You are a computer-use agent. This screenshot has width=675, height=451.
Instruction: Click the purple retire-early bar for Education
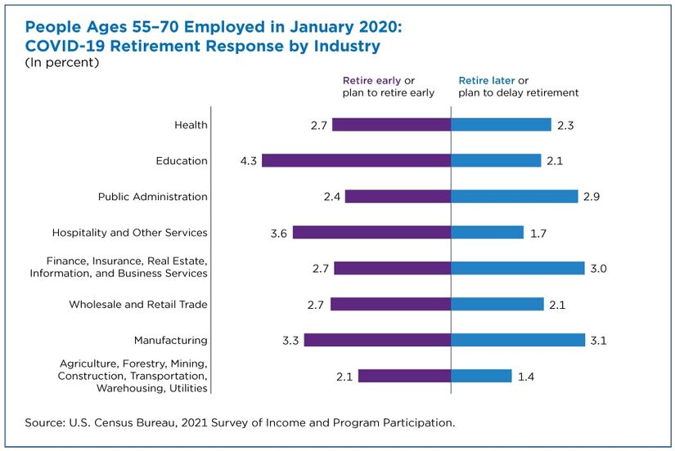(x=356, y=161)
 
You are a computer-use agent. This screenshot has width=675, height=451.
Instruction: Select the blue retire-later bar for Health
(x=501, y=125)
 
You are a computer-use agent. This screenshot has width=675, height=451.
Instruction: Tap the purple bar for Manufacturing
(x=377, y=340)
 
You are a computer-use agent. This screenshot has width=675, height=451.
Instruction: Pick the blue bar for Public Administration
(x=515, y=197)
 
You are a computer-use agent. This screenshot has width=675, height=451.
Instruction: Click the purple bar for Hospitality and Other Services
(x=371, y=232)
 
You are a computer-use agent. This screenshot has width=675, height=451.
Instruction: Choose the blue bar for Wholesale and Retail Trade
(x=497, y=304)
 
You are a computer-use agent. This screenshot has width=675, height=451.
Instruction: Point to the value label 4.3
(x=249, y=161)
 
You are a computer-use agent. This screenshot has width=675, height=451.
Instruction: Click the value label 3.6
(x=279, y=233)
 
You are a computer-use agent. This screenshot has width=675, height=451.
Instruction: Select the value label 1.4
(x=526, y=376)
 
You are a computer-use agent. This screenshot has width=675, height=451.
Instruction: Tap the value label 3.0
(x=599, y=269)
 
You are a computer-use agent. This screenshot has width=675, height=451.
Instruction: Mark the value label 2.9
(x=592, y=197)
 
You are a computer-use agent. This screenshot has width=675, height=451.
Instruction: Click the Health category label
(x=191, y=125)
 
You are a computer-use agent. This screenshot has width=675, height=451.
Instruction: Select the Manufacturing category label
(x=171, y=340)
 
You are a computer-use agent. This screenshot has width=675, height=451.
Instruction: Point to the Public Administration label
(x=152, y=197)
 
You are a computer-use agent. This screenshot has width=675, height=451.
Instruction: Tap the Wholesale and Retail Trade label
(x=138, y=305)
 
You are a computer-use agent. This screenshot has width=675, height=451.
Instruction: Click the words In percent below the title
(x=62, y=63)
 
